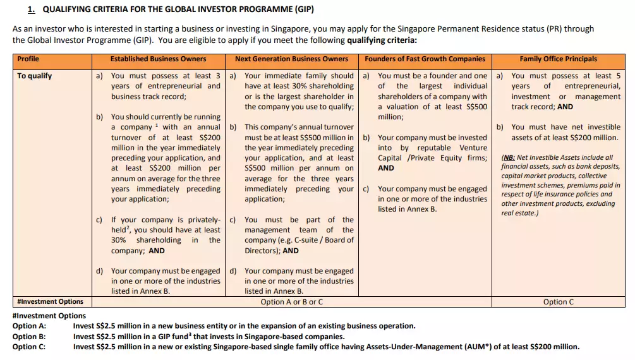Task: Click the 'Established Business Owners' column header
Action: [158, 59]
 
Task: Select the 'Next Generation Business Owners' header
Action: [291, 59]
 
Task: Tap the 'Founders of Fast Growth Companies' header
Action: [425, 59]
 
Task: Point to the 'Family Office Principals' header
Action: [558, 59]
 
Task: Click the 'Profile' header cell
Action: [28, 59]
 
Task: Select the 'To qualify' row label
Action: [35, 76]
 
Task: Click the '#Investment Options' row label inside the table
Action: [51, 301]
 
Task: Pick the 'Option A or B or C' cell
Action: [291, 302]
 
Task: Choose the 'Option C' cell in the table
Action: [558, 302]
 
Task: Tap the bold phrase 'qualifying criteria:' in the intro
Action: [382, 40]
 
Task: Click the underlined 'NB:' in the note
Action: [509, 157]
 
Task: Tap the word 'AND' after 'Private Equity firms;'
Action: [386, 168]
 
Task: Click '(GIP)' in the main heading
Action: [300, 9]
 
